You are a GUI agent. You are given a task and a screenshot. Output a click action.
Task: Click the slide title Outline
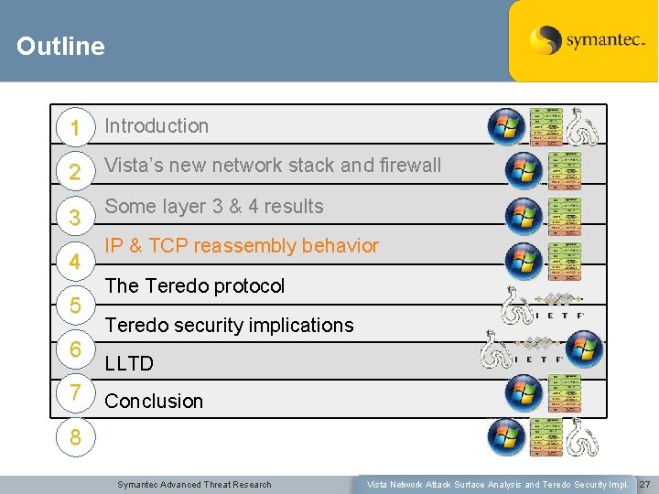(x=60, y=46)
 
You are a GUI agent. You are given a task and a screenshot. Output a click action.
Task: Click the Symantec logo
(x=583, y=40)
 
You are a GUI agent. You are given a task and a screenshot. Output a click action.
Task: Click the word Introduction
(x=157, y=126)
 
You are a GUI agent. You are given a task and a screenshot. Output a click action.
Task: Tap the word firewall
(x=399, y=166)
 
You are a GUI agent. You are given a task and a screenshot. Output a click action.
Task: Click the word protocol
(x=248, y=285)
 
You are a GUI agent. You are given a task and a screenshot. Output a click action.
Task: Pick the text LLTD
(x=129, y=364)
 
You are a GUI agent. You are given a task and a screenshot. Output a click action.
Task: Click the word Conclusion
(x=154, y=401)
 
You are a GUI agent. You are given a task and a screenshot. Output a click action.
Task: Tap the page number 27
(x=644, y=484)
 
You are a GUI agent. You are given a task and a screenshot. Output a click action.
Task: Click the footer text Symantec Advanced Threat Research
(x=194, y=484)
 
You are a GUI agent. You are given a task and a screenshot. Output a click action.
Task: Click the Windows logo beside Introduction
(x=505, y=126)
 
